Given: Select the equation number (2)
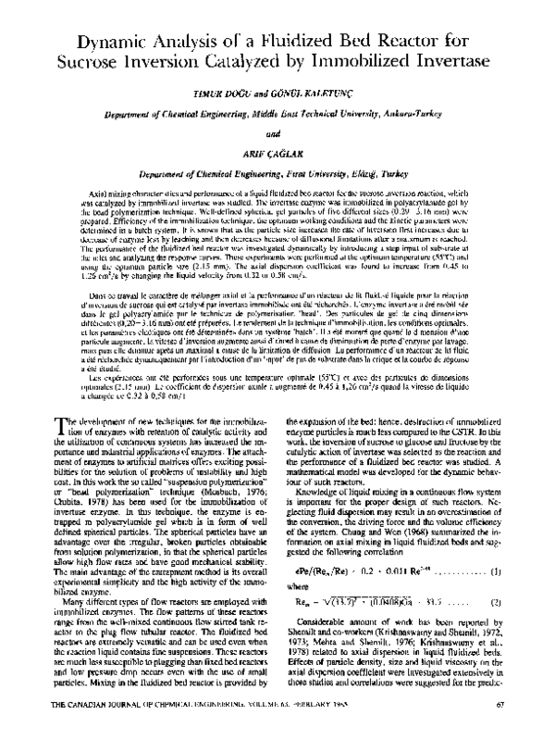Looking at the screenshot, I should [496, 600].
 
